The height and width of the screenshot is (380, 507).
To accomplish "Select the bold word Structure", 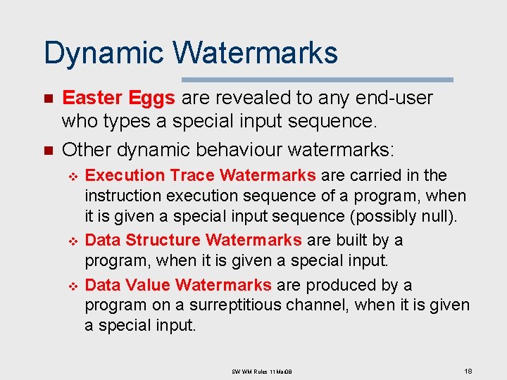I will (x=163, y=240).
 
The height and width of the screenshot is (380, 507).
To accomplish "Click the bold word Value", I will (x=147, y=285).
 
